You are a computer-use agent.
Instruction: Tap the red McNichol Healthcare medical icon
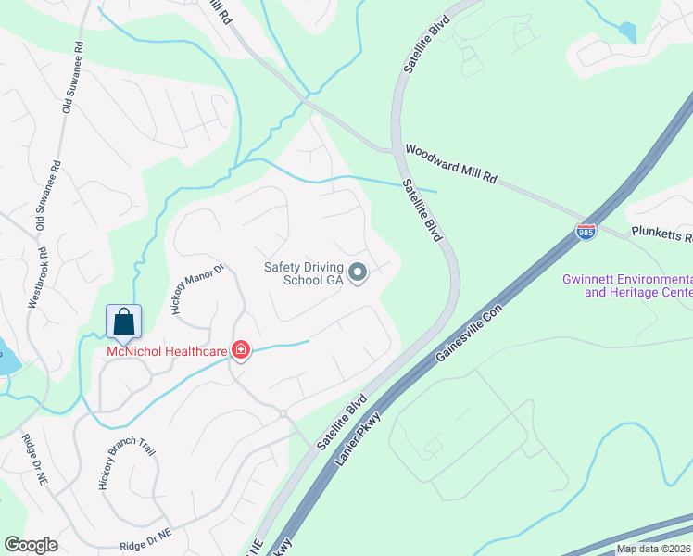click(241, 349)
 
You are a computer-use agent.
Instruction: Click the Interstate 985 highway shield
click(586, 231)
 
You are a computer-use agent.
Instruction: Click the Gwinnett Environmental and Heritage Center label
click(627, 285)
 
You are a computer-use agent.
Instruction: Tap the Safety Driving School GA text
click(304, 272)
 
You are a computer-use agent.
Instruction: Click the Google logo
click(31, 545)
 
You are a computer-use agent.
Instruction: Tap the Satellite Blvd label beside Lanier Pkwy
click(341, 423)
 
